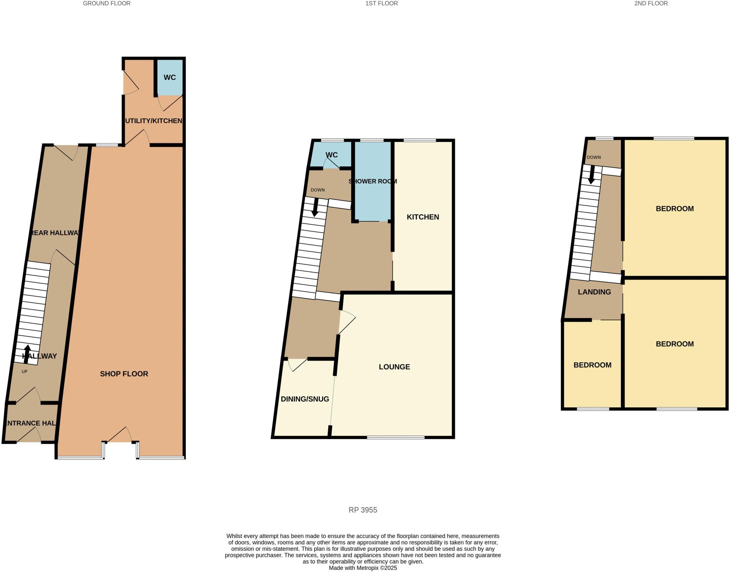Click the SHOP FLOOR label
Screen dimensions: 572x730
tap(124, 374)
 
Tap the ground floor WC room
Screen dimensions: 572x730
tap(170, 77)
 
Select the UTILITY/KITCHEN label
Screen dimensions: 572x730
tap(154, 121)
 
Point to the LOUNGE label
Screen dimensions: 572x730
tap(394, 367)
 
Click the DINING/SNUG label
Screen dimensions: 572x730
tap(305, 399)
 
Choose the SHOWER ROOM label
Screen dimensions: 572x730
tap(372, 181)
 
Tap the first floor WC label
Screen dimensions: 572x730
tap(331, 155)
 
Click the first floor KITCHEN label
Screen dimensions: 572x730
tap(423, 217)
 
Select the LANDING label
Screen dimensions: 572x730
tap(594, 292)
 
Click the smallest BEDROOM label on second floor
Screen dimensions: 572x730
tap(592, 365)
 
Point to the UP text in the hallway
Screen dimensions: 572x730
tap(25, 371)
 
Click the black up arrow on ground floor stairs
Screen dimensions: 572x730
tap(27, 354)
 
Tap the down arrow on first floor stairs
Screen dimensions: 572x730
tap(315, 207)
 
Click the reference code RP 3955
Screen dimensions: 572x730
tap(363, 510)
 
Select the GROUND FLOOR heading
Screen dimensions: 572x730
tap(107, 4)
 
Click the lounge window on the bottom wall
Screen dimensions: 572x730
tap(396, 437)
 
